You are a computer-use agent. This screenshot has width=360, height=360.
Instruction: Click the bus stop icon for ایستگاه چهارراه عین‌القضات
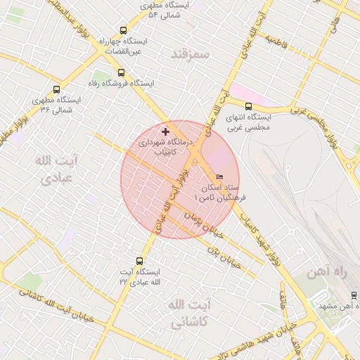click(124, 30)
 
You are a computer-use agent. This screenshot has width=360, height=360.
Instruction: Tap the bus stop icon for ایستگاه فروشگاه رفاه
click(121, 72)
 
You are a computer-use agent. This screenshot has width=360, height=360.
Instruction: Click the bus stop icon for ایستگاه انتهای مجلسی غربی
click(248, 106)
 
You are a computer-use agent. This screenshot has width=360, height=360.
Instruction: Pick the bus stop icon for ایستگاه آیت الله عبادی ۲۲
click(139, 261)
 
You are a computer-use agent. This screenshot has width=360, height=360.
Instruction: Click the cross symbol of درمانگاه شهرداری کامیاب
click(165, 131)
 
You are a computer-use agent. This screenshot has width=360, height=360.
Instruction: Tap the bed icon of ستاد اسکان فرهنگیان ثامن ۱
click(220, 176)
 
